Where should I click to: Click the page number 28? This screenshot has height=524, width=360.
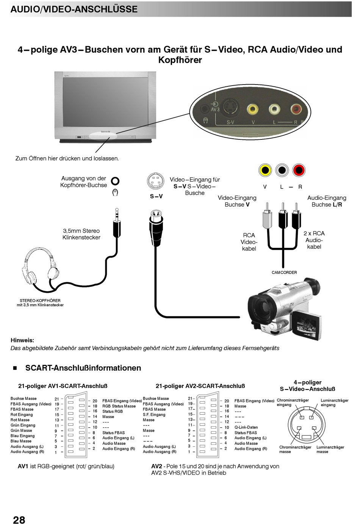(19, 519)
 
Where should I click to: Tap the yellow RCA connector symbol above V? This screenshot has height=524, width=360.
(265, 170)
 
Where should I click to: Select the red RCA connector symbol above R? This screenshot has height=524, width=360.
(299, 170)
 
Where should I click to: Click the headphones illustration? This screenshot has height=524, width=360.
(40, 267)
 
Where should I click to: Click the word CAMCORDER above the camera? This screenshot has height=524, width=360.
(284, 272)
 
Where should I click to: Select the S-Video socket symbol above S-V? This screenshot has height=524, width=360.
(156, 181)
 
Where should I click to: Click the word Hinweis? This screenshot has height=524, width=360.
(22, 340)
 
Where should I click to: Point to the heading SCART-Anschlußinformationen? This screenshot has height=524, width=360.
(83, 368)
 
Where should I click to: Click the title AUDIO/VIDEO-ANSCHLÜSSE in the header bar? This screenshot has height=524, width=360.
(74, 9)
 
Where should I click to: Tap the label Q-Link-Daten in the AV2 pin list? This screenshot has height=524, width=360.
(246, 427)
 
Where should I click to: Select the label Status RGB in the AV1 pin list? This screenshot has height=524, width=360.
(113, 411)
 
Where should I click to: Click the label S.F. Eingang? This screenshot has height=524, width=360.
(154, 415)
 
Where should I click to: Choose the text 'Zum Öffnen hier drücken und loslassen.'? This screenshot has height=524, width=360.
(67, 158)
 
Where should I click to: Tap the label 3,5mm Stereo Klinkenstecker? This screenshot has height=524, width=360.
(81, 234)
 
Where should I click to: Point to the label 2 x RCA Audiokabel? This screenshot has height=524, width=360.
(314, 240)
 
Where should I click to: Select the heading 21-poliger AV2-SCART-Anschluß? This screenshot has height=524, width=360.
(200, 386)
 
